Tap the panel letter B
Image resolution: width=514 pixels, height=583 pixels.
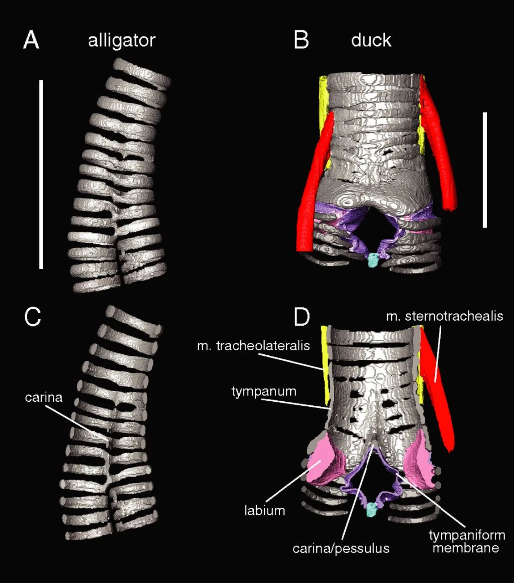(x=301, y=40)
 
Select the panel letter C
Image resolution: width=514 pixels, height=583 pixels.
(x=32, y=317)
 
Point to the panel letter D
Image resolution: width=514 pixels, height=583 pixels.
(x=302, y=317)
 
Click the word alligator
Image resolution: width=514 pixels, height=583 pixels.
(x=121, y=41)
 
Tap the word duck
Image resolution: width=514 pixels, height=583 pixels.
(x=371, y=40)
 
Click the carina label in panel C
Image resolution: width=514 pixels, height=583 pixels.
(x=44, y=397)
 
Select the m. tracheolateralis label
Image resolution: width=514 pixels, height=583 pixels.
(x=253, y=346)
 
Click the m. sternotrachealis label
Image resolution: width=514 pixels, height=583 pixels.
(x=445, y=316)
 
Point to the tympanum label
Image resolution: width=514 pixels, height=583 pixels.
(x=264, y=392)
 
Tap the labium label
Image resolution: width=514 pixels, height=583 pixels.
(x=265, y=511)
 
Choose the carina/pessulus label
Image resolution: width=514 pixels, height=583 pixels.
(x=341, y=548)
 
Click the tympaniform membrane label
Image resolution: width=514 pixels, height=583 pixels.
(x=467, y=541)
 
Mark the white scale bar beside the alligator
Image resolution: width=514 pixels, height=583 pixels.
(x=41, y=174)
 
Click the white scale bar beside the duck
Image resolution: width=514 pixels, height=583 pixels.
(x=485, y=170)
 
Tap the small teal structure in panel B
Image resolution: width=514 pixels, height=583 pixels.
(x=373, y=260)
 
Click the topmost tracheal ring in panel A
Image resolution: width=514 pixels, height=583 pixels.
(x=142, y=73)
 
